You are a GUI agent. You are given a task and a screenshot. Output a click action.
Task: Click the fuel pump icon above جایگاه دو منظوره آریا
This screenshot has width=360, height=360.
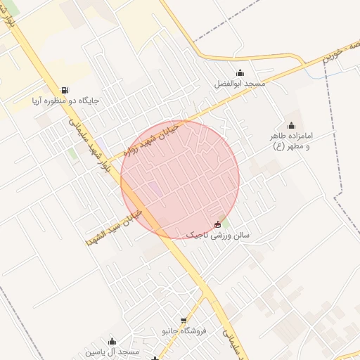65,90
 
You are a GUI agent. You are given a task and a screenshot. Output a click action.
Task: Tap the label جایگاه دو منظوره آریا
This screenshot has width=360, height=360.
65,101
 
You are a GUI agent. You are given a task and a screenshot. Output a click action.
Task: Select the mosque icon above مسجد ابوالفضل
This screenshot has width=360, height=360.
240,72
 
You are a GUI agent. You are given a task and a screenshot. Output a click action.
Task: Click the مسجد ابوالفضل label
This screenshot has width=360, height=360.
240,83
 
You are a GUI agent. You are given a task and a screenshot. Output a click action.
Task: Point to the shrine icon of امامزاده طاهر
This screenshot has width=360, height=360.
291,125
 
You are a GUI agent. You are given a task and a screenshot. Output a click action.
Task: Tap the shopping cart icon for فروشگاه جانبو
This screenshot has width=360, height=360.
184,321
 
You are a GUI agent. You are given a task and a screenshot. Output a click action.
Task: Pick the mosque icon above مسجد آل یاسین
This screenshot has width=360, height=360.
112,342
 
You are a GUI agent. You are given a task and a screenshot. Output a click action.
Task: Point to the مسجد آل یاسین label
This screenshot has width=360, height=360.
112,352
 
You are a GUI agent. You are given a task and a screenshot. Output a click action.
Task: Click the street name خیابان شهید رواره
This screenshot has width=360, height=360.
152,139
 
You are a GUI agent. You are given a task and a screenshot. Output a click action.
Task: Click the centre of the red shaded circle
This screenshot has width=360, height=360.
180,179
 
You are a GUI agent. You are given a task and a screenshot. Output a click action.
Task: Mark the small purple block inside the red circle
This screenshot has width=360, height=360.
153,188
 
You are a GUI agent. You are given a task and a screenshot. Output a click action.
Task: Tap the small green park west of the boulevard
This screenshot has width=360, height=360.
73,154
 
